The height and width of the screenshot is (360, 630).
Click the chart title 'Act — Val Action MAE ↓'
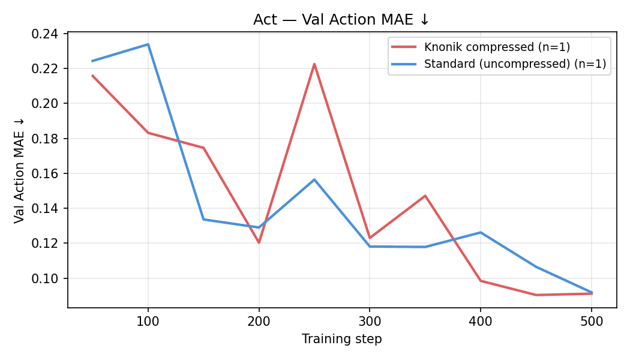341,20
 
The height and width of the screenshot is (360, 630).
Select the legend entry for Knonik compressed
497,47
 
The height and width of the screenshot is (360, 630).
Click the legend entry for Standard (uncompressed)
515,64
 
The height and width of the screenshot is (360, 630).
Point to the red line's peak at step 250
314,64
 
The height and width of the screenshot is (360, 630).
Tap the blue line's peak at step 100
148,44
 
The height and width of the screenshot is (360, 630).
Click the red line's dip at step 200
259,242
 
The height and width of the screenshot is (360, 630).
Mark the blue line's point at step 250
314,179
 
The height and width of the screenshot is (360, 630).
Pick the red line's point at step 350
425,196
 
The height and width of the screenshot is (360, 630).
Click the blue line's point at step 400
481,232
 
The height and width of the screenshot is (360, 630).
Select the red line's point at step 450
536,295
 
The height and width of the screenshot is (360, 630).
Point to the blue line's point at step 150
203,219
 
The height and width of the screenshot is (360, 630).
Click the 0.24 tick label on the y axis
45,34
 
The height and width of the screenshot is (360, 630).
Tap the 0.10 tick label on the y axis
45,278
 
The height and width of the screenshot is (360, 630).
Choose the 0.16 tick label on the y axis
45,173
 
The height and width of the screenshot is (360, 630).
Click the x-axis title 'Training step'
341,339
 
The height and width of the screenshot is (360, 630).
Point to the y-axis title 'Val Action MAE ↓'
20,170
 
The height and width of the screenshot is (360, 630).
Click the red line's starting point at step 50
92,76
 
